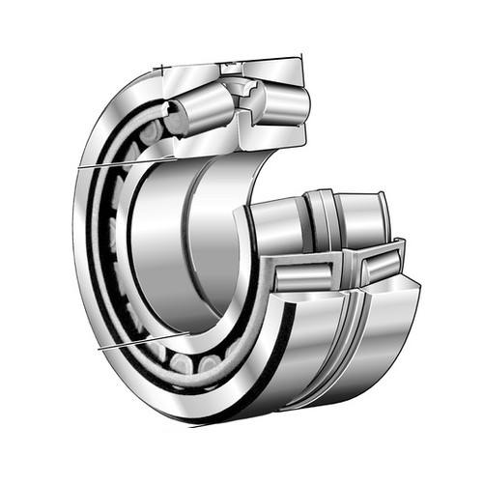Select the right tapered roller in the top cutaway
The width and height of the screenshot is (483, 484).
pyautogui.click(x=281, y=101)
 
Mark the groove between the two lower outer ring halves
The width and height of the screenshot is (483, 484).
pyautogui.click(x=350, y=319)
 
